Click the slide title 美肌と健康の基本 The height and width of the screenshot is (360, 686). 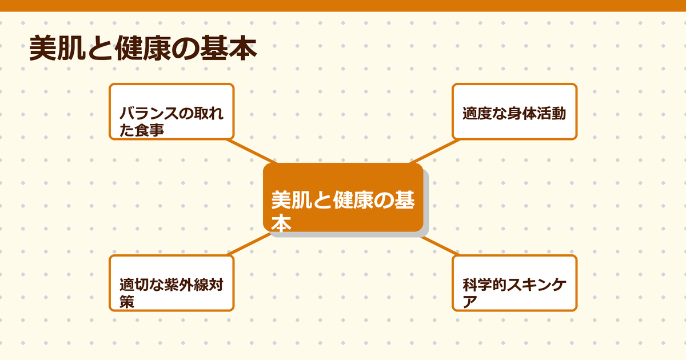[142, 50]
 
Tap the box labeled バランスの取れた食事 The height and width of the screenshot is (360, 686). [171, 111]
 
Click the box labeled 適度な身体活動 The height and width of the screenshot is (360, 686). [514, 111]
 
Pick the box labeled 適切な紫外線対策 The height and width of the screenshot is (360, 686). [171, 283]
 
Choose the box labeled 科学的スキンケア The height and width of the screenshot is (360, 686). [514, 283]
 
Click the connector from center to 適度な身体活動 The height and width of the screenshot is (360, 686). [432, 151]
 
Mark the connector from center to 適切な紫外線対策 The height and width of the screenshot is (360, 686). [249, 244]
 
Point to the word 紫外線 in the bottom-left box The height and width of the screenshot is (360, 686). [192, 285]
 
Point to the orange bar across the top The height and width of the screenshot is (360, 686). [343, 5]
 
